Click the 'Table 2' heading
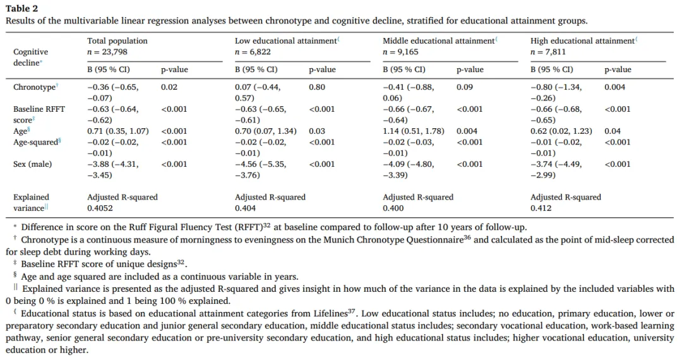click(x=22, y=8)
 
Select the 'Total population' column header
click(x=117, y=41)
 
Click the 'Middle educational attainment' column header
click(x=438, y=41)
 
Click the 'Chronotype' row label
click(x=35, y=87)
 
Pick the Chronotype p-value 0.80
click(x=317, y=87)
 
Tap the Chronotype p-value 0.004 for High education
click(x=614, y=87)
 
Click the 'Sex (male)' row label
click(x=33, y=164)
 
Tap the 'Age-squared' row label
click(x=36, y=142)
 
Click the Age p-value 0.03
click(x=317, y=131)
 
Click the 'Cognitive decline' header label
click(x=30, y=57)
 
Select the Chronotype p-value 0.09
click(x=464, y=87)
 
